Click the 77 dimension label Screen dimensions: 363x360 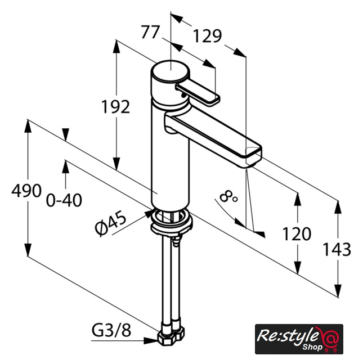[150, 32]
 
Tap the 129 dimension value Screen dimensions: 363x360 [208, 36]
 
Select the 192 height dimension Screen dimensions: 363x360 [116, 107]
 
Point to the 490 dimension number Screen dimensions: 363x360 [26, 191]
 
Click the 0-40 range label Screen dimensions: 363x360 [64, 200]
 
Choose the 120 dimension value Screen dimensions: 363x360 [297, 234]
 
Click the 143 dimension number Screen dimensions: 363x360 [337, 249]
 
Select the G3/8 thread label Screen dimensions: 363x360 [111, 330]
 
